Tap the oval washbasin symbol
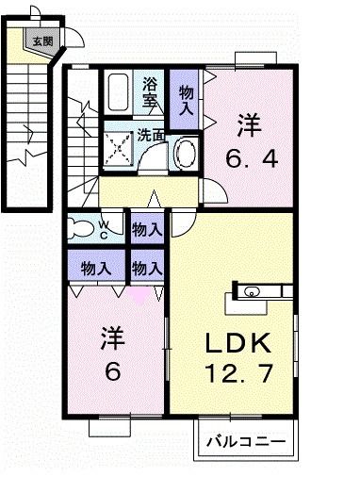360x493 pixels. tap(185, 151)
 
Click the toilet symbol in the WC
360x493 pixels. tap(85, 227)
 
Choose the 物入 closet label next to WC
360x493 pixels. tap(146, 228)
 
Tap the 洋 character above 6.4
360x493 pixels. tap(249, 124)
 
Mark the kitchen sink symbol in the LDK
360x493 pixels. tap(251, 292)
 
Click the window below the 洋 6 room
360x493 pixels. tap(111, 426)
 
